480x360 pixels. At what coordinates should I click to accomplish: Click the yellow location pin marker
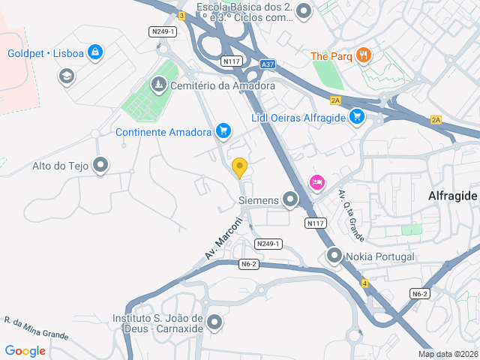point(240,167)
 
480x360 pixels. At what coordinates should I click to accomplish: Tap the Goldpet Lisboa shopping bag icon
point(94,53)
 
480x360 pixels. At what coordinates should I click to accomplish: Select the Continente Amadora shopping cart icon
point(223,131)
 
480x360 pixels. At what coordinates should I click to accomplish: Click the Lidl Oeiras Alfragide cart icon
point(357,117)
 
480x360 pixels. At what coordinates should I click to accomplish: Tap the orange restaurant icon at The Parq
point(364,55)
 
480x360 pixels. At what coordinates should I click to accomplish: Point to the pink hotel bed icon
point(316,182)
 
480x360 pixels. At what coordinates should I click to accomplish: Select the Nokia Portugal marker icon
point(334,256)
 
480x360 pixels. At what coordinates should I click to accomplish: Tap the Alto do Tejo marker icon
point(100,166)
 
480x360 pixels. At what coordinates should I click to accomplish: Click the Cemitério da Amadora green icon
point(158,85)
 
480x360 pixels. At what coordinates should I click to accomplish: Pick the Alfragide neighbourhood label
point(452,196)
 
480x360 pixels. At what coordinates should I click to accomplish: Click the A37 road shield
point(268,65)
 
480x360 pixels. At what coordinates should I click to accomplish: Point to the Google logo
point(25,350)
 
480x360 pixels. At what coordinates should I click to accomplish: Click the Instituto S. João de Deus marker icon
point(215,322)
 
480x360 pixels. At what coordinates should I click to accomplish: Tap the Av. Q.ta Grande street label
point(351,215)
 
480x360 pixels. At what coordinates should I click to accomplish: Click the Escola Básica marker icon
point(304,11)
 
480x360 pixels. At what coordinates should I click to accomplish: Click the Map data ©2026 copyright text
point(447,354)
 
